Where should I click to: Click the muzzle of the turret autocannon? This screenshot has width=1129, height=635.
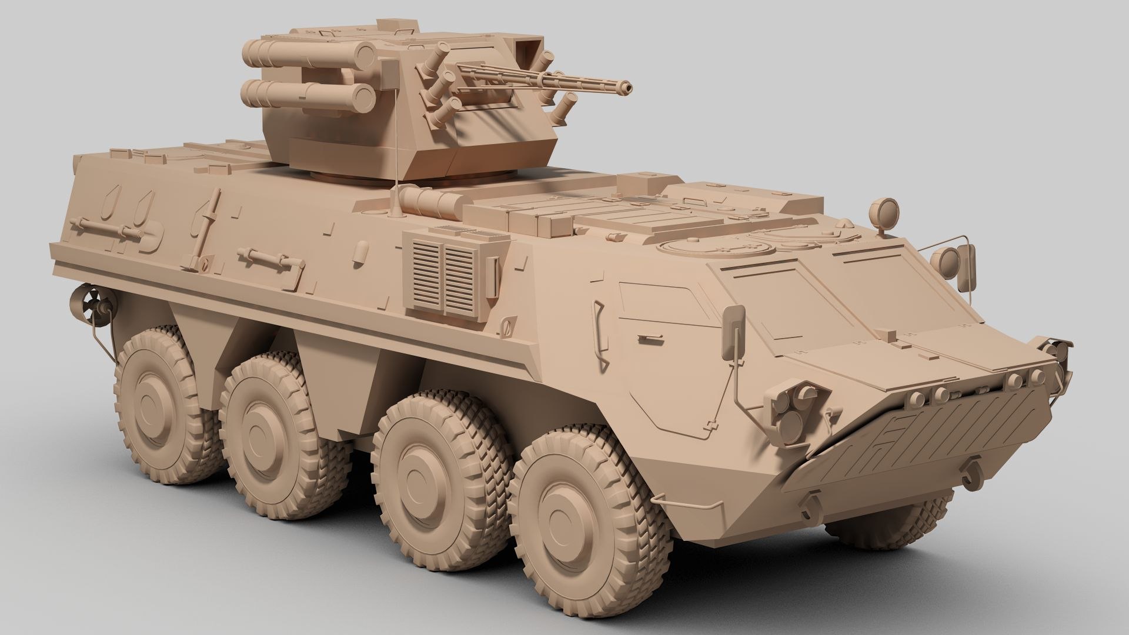(630, 87)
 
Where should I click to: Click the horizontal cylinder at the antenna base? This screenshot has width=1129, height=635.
(432, 202)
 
